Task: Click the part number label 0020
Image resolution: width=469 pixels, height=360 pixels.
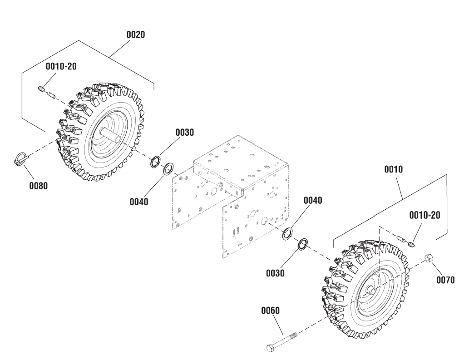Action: click(135, 35)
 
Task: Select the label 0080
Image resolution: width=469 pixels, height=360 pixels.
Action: click(38, 186)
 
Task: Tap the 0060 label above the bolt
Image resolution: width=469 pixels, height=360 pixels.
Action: click(271, 311)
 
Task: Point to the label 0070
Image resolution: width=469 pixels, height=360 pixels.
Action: click(445, 280)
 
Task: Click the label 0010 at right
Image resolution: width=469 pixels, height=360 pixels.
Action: click(393, 169)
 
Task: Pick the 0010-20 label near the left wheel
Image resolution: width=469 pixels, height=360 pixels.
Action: click(61, 66)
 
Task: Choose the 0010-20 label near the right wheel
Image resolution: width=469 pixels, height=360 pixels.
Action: click(425, 215)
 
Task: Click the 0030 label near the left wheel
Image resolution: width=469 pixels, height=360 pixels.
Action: click(184, 133)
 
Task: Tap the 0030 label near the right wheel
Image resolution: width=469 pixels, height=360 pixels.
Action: click(275, 273)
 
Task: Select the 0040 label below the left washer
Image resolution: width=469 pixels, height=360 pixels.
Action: click(139, 202)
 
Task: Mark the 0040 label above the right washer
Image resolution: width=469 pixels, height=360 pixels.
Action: click(313, 200)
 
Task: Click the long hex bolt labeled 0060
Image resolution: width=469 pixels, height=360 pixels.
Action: click(282, 344)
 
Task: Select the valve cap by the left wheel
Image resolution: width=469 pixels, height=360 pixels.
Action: click(42, 89)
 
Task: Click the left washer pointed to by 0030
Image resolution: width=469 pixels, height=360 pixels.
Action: click(155, 162)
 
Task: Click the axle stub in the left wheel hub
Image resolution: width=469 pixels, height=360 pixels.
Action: click(111, 134)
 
